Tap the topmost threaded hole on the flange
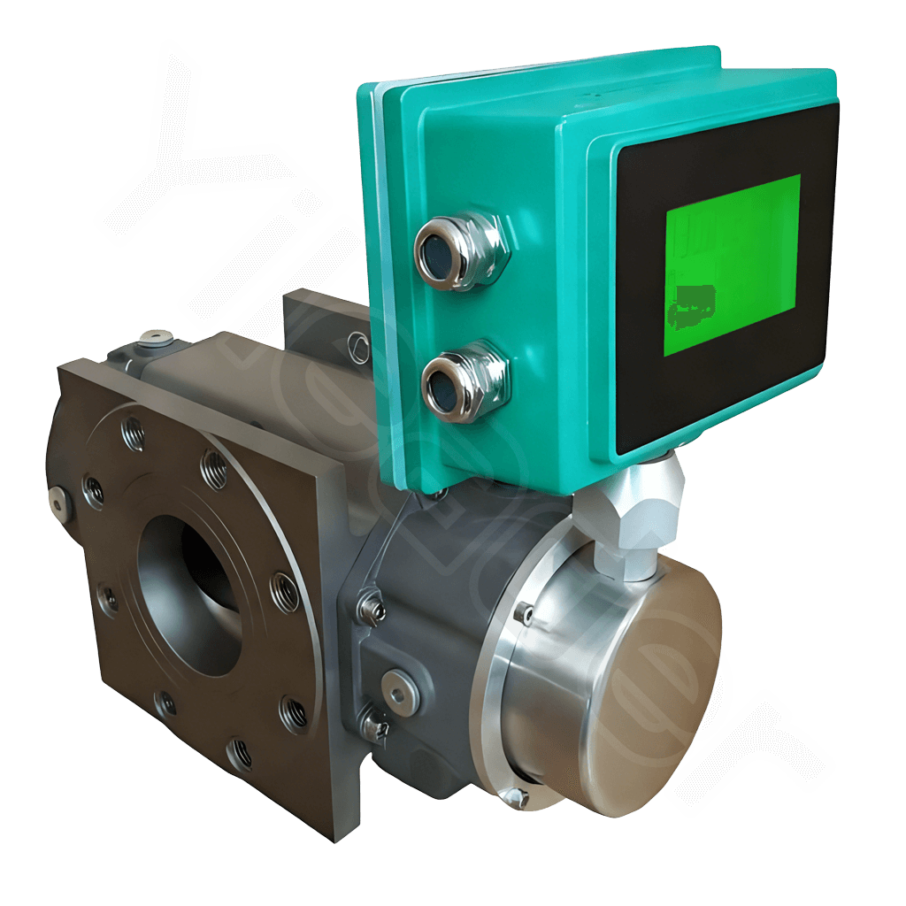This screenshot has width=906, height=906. pos(133,432)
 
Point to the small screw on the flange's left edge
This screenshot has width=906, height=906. pos(58,501)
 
